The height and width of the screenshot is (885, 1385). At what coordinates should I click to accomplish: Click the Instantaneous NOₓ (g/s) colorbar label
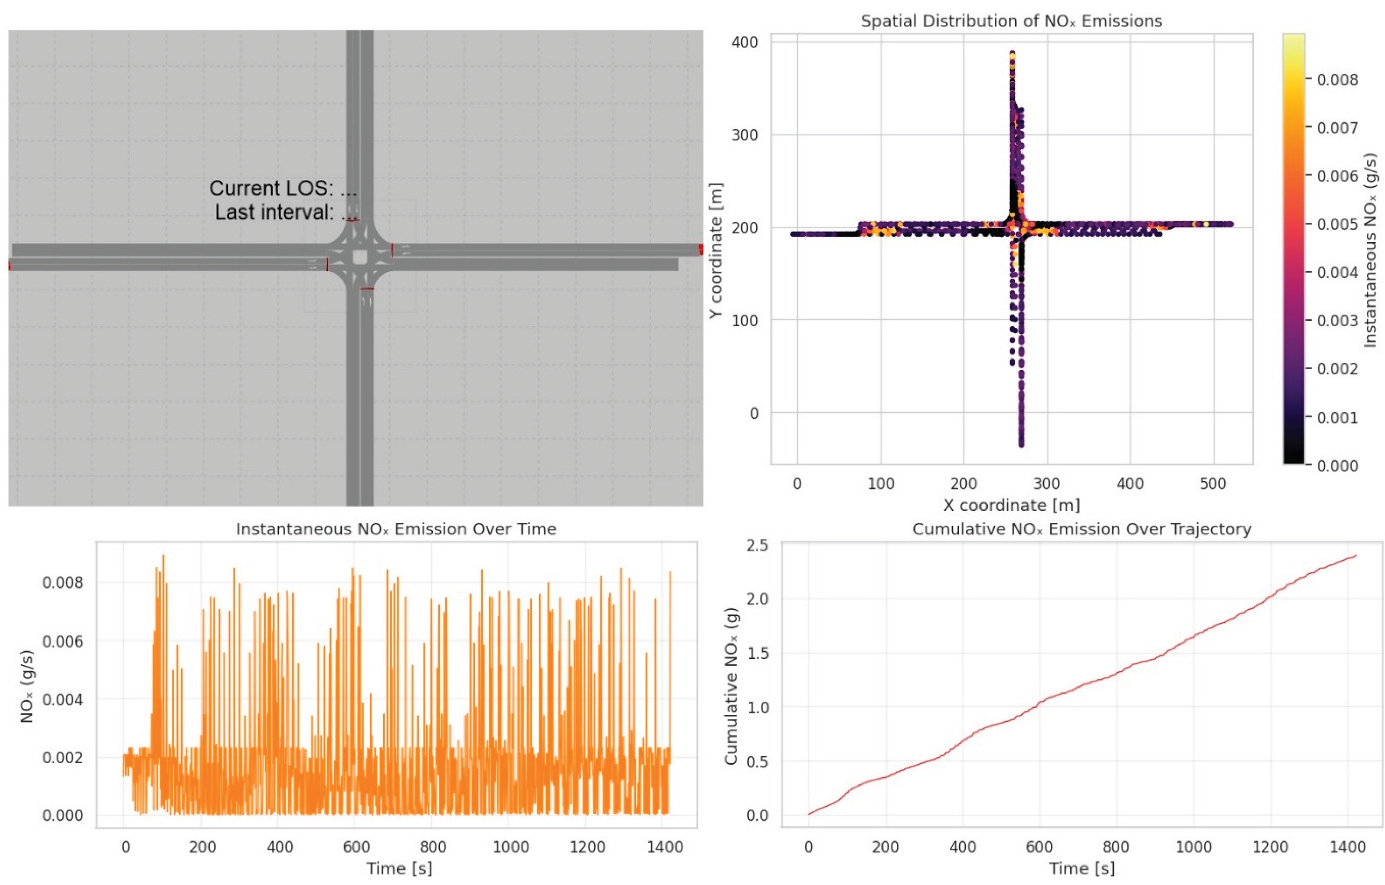(x=1371, y=250)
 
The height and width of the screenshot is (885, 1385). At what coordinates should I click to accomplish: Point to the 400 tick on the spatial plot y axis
(x=745, y=42)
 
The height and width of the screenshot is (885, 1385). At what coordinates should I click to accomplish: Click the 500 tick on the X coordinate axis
(x=1213, y=483)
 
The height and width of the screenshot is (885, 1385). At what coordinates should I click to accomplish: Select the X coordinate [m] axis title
(x=1011, y=505)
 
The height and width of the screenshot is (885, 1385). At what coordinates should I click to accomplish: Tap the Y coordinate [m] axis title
(x=715, y=250)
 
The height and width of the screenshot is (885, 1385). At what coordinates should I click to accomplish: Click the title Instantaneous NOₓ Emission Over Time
(x=396, y=529)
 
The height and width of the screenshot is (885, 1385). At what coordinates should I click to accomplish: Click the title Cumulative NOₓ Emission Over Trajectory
(x=1081, y=529)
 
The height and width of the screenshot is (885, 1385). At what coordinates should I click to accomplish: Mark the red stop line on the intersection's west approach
(x=327, y=264)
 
